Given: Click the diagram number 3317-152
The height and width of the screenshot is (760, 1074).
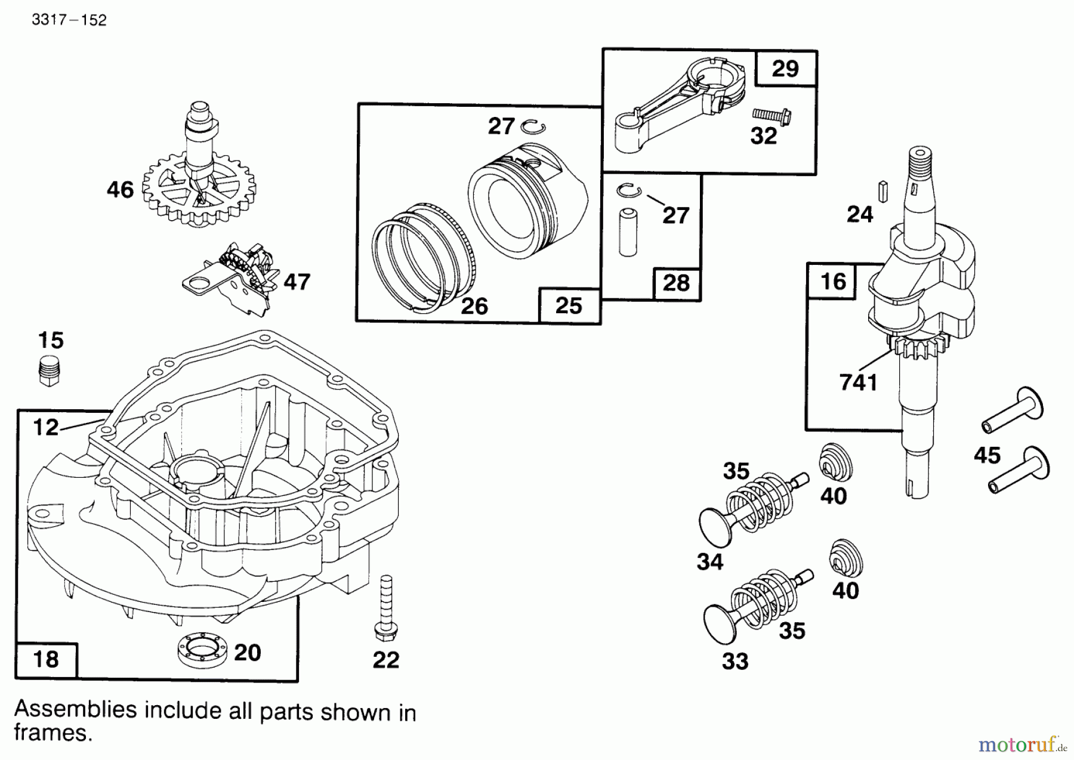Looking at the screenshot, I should tap(69, 20).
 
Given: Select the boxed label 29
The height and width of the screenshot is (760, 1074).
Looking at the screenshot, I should tap(785, 69).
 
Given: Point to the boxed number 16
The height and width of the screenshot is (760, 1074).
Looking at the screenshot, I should tap(833, 281).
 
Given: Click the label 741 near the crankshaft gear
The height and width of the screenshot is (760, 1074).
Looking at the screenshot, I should tap(858, 382).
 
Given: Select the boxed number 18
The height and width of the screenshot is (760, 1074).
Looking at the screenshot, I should tap(47, 659).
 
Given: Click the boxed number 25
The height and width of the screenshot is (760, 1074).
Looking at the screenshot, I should tap(569, 306).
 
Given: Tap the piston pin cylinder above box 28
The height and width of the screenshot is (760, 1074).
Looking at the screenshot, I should tap(628, 232).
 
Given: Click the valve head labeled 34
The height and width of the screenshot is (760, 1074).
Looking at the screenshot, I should tap(715, 527).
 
